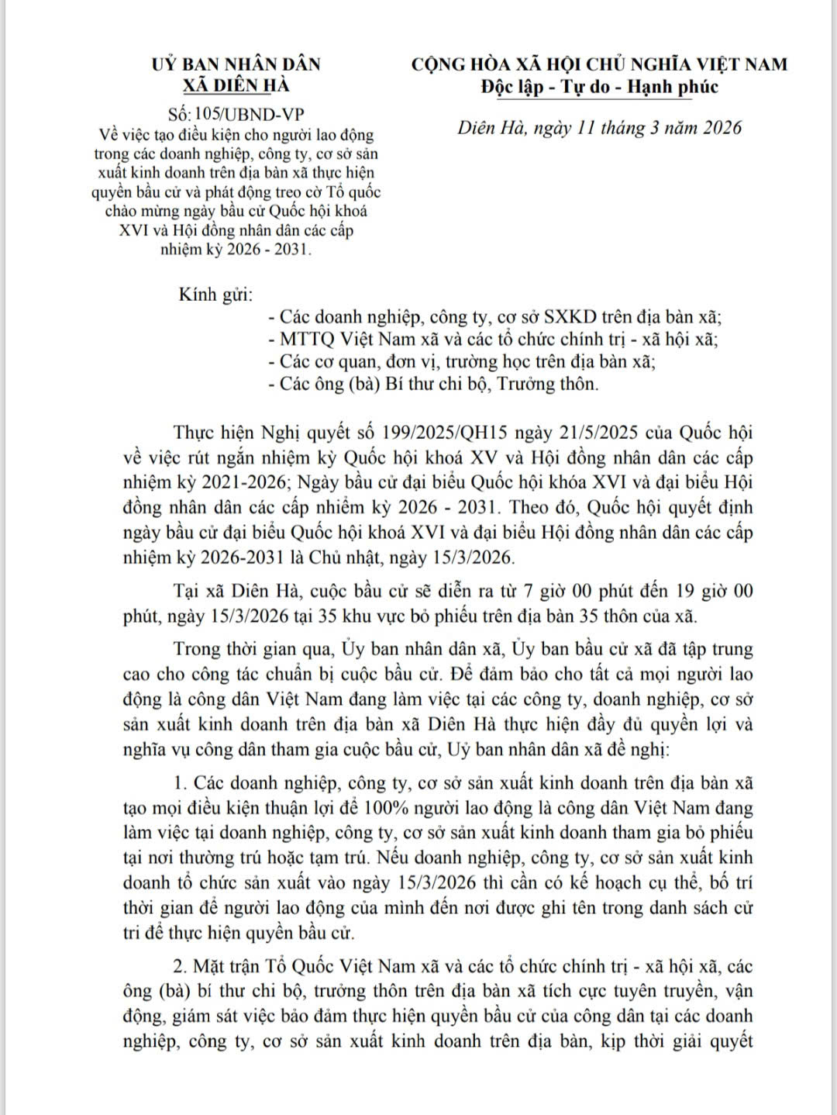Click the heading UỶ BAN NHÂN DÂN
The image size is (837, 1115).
236,64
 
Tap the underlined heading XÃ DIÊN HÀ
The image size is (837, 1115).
236,85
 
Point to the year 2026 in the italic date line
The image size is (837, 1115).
711,128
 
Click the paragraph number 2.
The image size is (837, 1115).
179,966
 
